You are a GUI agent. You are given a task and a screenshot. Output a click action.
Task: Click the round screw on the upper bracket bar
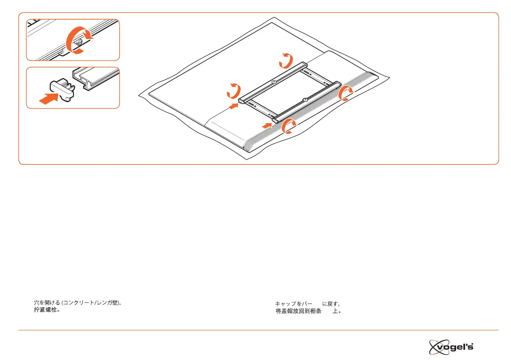(x=274, y=82)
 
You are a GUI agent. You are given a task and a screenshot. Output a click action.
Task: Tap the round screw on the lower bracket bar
(x=304, y=100)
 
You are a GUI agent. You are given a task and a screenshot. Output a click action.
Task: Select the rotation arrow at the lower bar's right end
(x=346, y=94)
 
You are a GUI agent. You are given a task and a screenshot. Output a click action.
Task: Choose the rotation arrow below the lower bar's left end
(x=288, y=127)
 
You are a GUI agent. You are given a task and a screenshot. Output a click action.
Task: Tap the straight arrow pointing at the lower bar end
(x=267, y=125)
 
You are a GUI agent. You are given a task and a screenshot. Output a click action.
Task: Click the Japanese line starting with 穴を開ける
(x=80, y=303)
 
